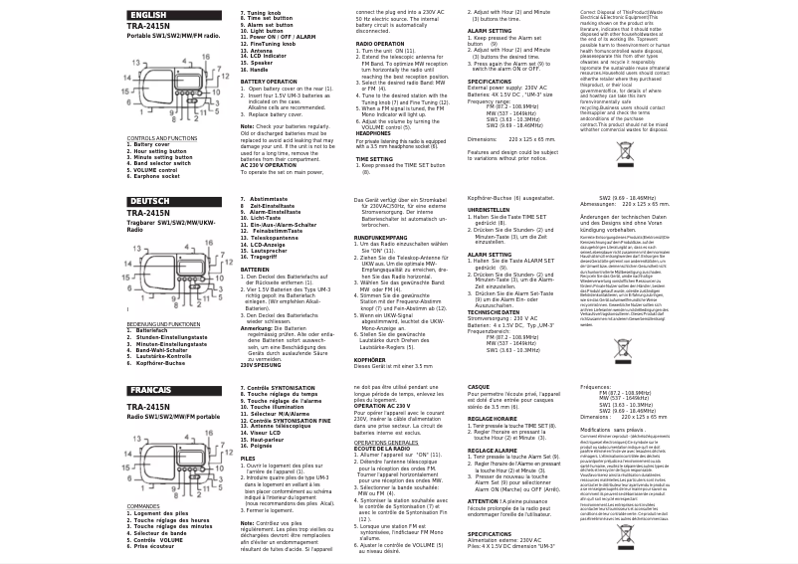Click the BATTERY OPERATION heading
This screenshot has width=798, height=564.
coord(268,82)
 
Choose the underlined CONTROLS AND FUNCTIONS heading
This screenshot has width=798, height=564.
coord(161,138)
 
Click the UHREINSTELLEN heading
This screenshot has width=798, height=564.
coord(489,210)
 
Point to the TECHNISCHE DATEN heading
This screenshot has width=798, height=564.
coord(494,312)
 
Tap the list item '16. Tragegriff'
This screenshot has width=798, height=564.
coord(263,257)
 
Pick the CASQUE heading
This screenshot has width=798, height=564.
coord(478,387)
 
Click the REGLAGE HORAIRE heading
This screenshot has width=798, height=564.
coord(492,419)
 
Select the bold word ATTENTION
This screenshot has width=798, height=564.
coord(482,501)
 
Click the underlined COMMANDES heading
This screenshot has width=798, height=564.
coord(143,506)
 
